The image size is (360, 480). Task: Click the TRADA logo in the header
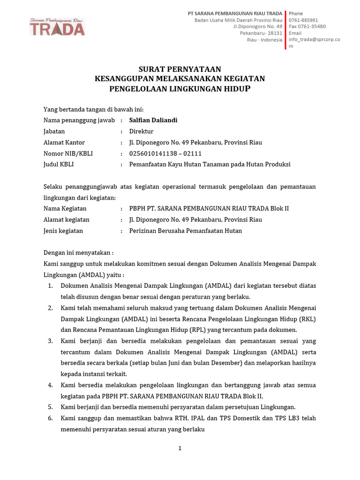57,28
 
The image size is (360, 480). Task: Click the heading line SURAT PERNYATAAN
180,69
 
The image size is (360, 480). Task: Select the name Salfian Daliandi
153,120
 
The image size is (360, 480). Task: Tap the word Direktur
141,131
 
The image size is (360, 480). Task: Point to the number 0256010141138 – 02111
165,153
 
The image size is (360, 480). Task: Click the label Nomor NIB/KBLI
68,153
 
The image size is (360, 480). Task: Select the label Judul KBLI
59,164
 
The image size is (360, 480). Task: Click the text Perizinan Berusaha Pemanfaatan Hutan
186,231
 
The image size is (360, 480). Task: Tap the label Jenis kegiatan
63,231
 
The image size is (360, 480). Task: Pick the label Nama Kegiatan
65,208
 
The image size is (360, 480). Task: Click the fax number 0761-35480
307,27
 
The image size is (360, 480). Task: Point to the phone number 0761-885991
303,20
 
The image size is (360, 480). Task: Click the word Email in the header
295,33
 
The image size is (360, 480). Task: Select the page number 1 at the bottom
180,448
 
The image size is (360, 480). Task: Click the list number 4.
50,385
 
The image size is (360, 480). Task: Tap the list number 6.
50,418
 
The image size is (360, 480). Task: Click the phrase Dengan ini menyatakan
78,252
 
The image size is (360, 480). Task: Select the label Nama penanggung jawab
79,120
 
